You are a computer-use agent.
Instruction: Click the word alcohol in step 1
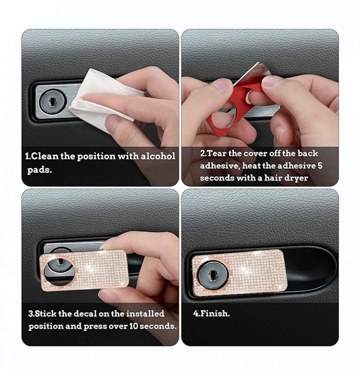coord(158,156)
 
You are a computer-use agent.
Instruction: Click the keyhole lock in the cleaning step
coord(52,102)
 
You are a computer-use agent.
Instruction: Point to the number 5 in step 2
coord(320,166)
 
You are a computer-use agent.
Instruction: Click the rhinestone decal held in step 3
coord(84,270)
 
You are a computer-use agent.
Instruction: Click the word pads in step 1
coord(39,171)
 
